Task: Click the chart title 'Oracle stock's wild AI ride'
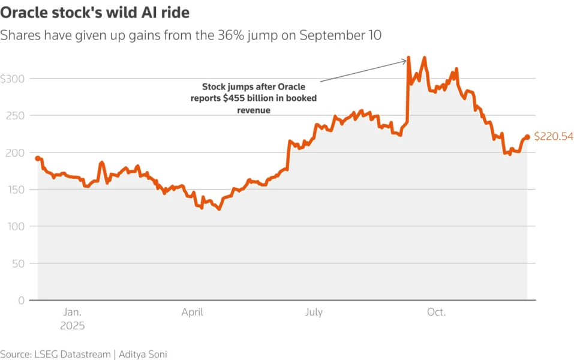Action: [x=99, y=12]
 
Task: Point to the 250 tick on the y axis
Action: [x=17, y=116]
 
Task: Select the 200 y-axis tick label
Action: [x=17, y=153]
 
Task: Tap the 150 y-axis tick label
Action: [x=17, y=190]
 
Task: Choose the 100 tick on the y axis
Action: [x=17, y=227]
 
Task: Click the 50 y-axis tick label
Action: [x=20, y=263]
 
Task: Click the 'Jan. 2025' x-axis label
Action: [x=72, y=319]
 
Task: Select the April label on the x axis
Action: [x=192, y=312]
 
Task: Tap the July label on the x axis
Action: [x=314, y=312]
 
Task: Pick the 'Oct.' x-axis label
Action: [x=435, y=312]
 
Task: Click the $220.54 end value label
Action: [x=553, y=137]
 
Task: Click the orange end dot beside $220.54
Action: [x=527, y=137]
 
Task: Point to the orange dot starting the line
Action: [x=37, y=158]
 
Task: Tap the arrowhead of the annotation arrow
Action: [x=405, y=60]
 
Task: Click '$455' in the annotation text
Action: [x=233, y=98]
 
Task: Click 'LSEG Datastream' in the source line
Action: [x=71, y=354]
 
